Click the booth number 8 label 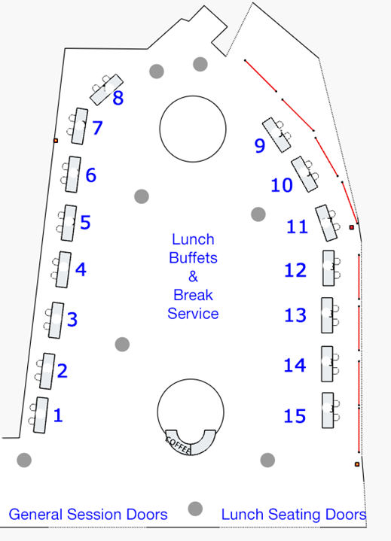(x=118, y=98)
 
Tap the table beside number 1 (x=41, y=415)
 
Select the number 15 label (x=295, y=416)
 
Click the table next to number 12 (x=328, y=268)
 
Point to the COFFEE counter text (x=178, y=445)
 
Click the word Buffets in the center (x=193, y=258)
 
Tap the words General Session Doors (x=88, y=514)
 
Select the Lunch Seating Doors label (x=294, y=514)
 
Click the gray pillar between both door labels (x=195, y=509)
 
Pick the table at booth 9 (x=276, y=135)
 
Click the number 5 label (x=85, y=222)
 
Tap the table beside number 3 (x=56, y=321)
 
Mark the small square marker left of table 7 (x=56, y=141)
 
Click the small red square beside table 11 (x=352, y=227)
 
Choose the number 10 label (x=282, y=185)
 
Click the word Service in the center (x=193, y=314)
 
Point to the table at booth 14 (x=328, y=363)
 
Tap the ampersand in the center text (x=193, y=276)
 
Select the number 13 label (x=295, y=315)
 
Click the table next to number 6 (x=73, y=175)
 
